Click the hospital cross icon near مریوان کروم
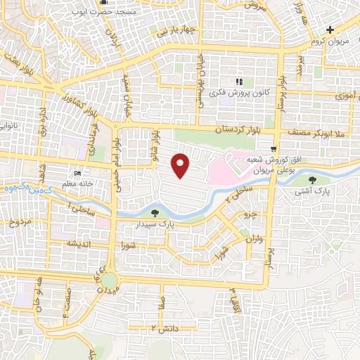click(330, 30)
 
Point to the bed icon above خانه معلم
click(77, 174)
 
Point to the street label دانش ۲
click(162, 328)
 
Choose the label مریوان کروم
click(330, 41)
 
